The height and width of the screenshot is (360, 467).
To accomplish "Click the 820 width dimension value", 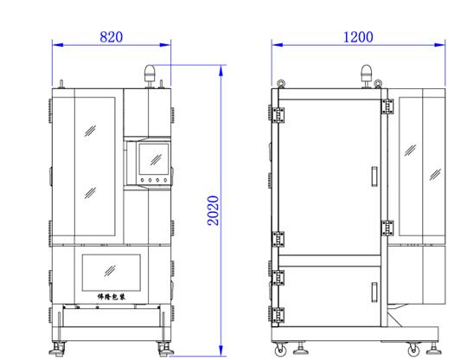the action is pyautogui.click(x=111, y=37).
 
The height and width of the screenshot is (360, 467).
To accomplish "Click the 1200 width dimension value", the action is pyautogui.click(x=358, y=37).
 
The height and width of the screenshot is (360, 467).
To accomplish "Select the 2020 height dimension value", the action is pyautogui.click(x=213, y=210).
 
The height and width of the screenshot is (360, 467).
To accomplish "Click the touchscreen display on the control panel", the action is pyautogui.click(x=154, y=159).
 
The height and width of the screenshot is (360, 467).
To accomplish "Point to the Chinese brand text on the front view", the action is pyautogui.click(x=111, y=297).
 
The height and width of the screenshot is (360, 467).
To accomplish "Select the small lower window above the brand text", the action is pyautogui.click(x=111, y=273).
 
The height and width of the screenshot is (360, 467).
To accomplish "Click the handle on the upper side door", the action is pyautogui.click(x=374, y=177).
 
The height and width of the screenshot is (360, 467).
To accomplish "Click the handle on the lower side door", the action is pyautogui.click(x=374, y=292).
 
